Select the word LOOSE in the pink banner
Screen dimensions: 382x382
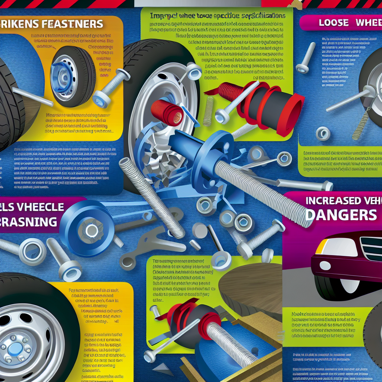pyautogui.click(x=333, y=23)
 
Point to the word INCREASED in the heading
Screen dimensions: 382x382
pyautogui.click(x=333, y=201)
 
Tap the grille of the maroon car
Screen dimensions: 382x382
pyautogui.click(x=371, y=248)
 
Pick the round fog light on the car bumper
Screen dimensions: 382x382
pyautogui.click(x=325, y=266)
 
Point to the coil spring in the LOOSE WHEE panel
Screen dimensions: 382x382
pyautogui.click(x=360, y=125)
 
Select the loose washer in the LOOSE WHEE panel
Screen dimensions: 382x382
pyautogui.click(x=323, y=134)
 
